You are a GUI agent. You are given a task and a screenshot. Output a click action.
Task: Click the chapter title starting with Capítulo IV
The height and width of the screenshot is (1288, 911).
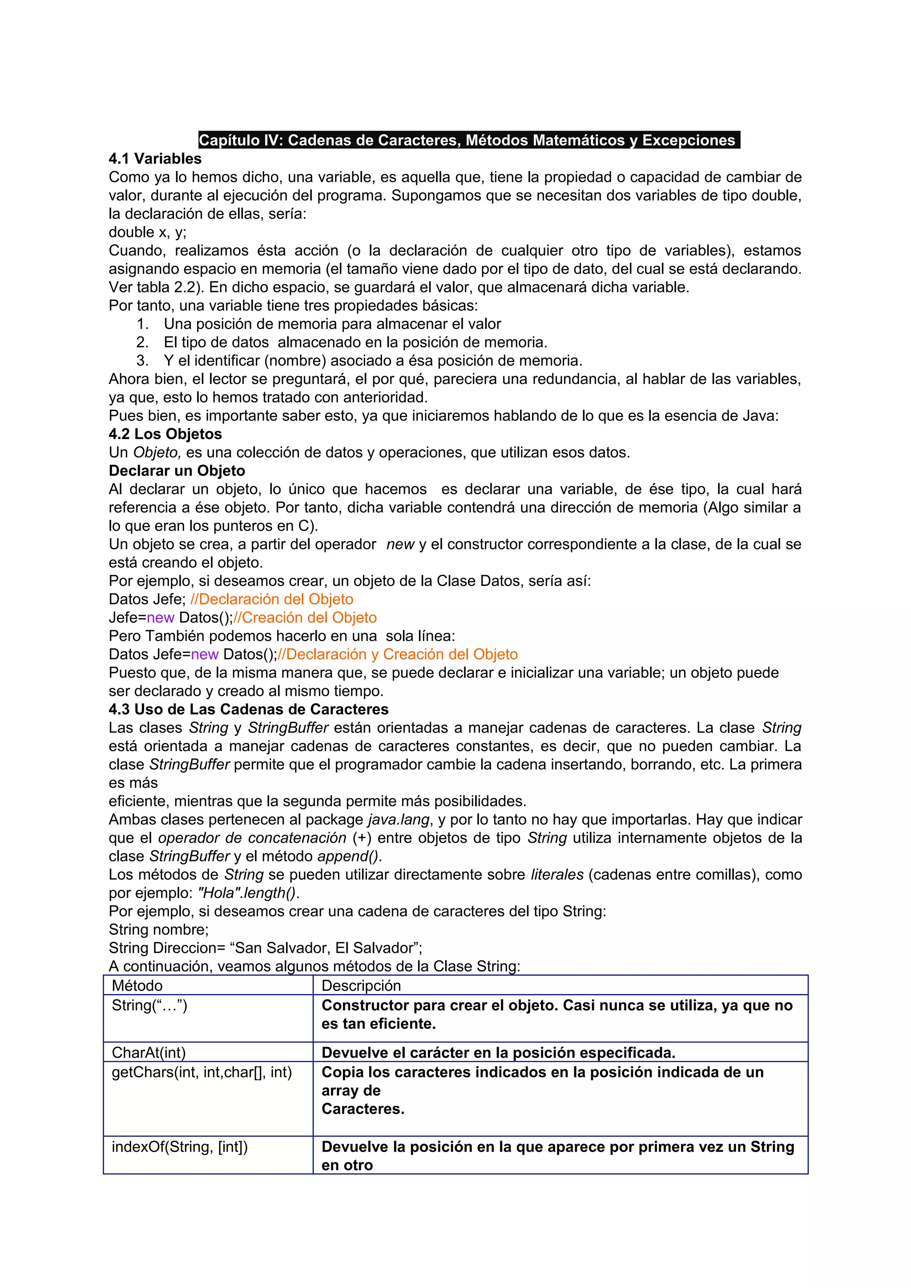pyautogui.click(x=469, y=140)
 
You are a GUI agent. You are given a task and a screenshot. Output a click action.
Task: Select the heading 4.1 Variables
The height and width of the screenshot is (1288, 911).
pyautogui.click(x=155, y=159)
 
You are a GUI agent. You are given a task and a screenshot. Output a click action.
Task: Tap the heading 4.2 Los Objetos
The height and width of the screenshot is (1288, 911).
pyautogui.click(x=165, y=434)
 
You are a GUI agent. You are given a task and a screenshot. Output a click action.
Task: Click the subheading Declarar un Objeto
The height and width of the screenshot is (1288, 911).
pyautogui.click(x=177, y=471)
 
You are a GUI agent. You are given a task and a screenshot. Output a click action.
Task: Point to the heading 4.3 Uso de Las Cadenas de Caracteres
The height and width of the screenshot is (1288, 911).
pyautogui.click(x=249, y=710)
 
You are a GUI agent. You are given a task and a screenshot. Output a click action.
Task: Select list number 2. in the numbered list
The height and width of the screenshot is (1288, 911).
pyautogui.click(x=143, y=342)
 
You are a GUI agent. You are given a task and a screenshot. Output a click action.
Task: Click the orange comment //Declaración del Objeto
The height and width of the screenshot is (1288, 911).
pyautogui.click(x=272, y=599)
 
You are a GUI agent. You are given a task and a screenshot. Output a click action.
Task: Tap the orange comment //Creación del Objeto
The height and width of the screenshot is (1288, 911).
pyautogui.click(x=305, y=618)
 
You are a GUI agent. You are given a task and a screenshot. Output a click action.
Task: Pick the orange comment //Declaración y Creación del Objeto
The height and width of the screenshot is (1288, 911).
pyautogui.click(x=397, y=654)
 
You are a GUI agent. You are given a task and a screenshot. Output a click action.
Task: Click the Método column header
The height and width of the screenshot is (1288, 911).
pyautogui.click(x=137, y=986)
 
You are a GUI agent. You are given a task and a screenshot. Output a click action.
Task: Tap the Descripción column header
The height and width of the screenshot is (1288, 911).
pyautogui.click(x=361, y=986)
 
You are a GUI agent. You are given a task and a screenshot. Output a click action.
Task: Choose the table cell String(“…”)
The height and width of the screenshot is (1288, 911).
pyautogui.click(x=149, y=1005)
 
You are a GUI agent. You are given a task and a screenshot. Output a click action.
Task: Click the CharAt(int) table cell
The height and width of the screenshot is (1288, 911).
pyautogui.click(x=148, y=1052)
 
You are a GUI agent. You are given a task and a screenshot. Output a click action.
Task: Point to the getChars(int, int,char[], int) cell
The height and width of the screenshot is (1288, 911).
pyautogui.click(x=202, y=1072)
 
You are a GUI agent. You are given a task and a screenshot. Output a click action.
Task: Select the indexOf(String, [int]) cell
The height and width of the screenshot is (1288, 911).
pyautogui.click(x=180, y=1147)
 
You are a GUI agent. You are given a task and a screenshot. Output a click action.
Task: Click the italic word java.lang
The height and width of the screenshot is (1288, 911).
pyautogui.click(x=399, y=820)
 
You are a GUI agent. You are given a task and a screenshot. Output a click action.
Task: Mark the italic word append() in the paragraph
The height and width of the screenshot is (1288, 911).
pyautogui.click(x=349, y=856)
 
